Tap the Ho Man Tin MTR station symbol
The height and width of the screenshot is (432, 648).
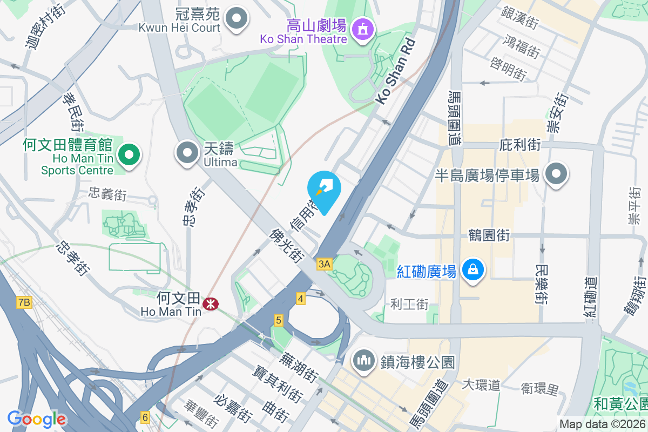pyautogui.click(x=210, y=305)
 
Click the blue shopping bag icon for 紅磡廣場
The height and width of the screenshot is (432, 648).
pyautogui.click(x=473, y=269)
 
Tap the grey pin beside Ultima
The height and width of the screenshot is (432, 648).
pyautogui.click(x=187, y=153)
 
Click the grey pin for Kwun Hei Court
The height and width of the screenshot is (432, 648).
pyautogui.click(x=236, y=19)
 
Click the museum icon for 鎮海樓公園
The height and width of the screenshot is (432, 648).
pyautogui.click(x=364, y=360)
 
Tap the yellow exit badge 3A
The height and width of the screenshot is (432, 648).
pyautogui.click(x=324, y=264)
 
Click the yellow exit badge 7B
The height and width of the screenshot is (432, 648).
pyautogui.click(x=24, y=302)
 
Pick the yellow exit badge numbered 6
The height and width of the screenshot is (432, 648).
pyautogui.click(x=145, y=417)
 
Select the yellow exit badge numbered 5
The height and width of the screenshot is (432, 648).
pyautogui.click(x=279, y=320)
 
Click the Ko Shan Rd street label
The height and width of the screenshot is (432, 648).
pyautogui.click(x=397, y=71)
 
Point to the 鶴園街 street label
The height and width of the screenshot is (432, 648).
pyautogui.click(x=490, y=235)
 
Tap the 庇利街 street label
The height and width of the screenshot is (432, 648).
pyautogui.click(x=520, y=145)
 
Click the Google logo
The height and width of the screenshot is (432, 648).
pyautogui.click(x=37, y=419)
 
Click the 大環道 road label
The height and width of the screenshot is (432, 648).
pyautogui.click(x=481, y=384)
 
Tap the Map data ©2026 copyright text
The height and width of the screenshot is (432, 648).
pyautogui.click(x=602, y=424)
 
